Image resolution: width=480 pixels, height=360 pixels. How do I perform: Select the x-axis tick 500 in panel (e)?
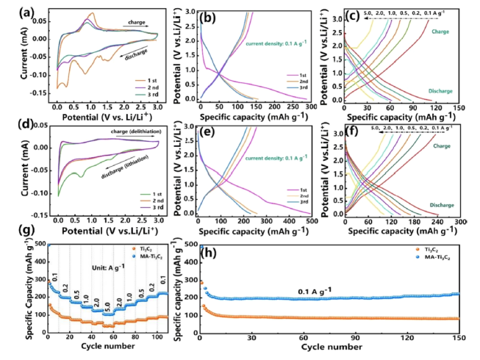pos(308,220)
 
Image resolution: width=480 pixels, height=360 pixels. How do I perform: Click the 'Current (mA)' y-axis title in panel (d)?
pos(13,170)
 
